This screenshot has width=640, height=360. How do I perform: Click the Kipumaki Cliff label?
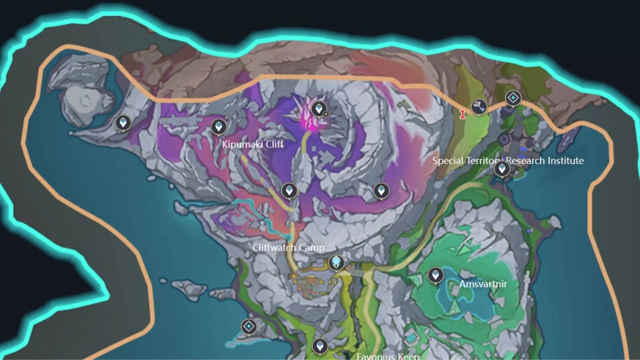253,144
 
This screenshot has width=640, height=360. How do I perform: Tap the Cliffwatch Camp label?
288,248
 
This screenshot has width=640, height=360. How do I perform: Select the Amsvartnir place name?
483,284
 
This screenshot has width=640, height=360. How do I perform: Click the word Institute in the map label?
565,161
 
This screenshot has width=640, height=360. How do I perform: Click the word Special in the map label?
448,161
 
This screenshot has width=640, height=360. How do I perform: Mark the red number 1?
462,115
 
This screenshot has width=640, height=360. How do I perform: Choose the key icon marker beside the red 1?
479,107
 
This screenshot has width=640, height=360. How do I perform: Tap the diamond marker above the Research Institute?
513,98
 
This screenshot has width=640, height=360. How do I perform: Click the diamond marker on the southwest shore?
249,327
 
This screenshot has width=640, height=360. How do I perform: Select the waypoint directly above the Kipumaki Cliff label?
219,127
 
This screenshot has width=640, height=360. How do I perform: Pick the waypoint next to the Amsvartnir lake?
435,275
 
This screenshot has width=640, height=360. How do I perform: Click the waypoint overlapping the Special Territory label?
502,169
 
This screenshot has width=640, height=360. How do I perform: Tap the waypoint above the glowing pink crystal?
319,109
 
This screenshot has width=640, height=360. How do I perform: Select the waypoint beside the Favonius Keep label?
320,346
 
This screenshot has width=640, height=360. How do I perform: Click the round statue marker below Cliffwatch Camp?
336,262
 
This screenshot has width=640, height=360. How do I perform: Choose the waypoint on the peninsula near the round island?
123,123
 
